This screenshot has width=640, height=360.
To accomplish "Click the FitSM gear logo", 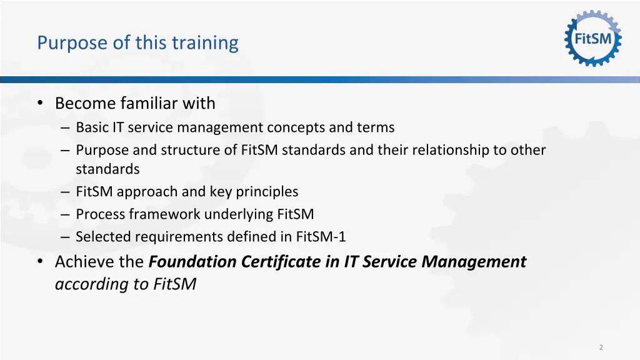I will tap(593, 39).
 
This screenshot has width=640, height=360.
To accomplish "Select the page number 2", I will tap(601, 347).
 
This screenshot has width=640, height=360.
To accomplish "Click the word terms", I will tap(375, 127).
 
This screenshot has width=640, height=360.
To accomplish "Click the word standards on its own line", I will tap(107, 169).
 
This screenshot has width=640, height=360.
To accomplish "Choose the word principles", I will tap(267, 192).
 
